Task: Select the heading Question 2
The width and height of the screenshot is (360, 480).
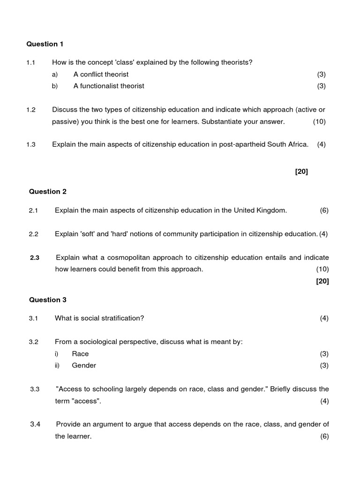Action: tap(48, 192)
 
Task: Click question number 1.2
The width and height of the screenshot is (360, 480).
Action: tap(31, 110)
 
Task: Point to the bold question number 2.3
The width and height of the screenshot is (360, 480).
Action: tap(35, 257)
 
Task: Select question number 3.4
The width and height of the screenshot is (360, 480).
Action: tap(35, 424)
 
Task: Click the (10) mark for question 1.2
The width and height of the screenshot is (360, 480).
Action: tap(319, 122)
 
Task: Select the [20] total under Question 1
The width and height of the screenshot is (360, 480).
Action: tap(301, 172)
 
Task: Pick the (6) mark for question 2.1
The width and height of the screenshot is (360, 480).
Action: tap(324, 210)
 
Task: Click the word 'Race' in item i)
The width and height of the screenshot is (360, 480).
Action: tap(80, 354)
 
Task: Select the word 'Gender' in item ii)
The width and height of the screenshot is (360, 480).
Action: tap(84, 366)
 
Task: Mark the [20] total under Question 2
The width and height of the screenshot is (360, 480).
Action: tap(322, 281)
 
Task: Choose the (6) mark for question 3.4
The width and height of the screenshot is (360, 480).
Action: tap(324, 436)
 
